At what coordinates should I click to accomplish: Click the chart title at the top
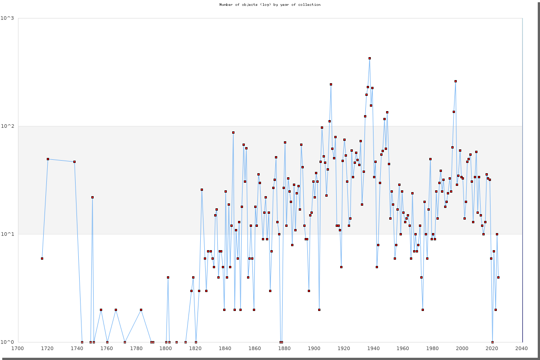pyautogui.click(x=270, y=4)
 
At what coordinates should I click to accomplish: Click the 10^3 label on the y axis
pyautogui.click(x=9, y=18)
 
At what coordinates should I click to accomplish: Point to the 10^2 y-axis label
pyautogui.click(x=9, y=126)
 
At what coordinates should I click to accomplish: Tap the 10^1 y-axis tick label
pyautogui.click(x=9, y=234)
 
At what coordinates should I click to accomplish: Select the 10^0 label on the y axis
pyautogui.click(x=9, y=342)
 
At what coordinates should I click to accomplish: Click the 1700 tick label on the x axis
pyautogui.click(x=18, y=348)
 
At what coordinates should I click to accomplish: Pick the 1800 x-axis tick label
pyautogui.click(x=166, y=348)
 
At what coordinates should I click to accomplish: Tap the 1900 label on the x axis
pyautogui.click(x=314, y=348)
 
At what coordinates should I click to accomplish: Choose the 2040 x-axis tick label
pyautogui.click(x=522, y=348)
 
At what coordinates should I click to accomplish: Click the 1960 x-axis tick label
pyautogui.click(x=403, y=348)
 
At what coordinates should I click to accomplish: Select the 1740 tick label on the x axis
pyautogui.click(x=77, y=348)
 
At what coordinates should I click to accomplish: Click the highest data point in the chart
pyautogui.click(x=369, y=58)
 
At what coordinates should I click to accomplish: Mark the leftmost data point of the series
pyautogui.click(x=42, y=258)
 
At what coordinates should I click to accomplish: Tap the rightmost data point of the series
pyautogui.click(x=498, y=277)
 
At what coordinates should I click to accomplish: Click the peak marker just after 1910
pyautogui.click(x=331, y=84)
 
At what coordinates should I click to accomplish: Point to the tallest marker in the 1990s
pyautogui.click(x=455, y=81)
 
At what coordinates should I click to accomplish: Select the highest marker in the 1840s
pyautogui.click(x=233, y=132)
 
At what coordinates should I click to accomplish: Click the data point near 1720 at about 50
pyautogui.click(x=48, y=159)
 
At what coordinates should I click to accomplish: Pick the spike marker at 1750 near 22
pyautogui.click(x=92, y=197)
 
